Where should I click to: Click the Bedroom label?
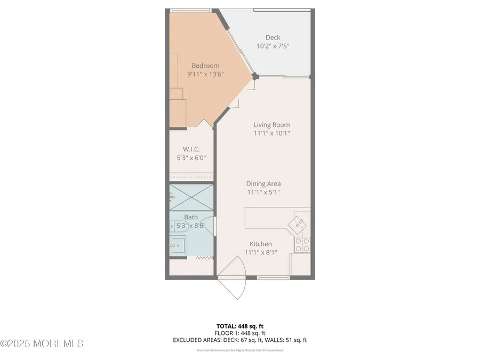click(205, 66)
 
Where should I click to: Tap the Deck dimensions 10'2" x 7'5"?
click(273, 46)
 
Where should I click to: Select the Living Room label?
click(272, 125)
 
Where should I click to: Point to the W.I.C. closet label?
click(190, 149)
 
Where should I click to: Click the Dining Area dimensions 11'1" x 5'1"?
click(263, 192)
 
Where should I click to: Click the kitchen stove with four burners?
click(302, 245)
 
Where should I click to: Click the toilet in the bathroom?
click(176, 226)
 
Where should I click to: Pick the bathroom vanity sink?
click(178, 246)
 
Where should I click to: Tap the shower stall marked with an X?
click(191, 197)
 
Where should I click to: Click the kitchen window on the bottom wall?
click(273, 277)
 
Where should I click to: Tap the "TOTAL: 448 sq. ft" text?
click(240, 326)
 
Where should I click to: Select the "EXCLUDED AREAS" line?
click(240, 340)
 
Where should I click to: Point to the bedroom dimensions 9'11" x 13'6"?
click(205, 75)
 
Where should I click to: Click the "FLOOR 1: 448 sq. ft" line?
click(240, 333)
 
